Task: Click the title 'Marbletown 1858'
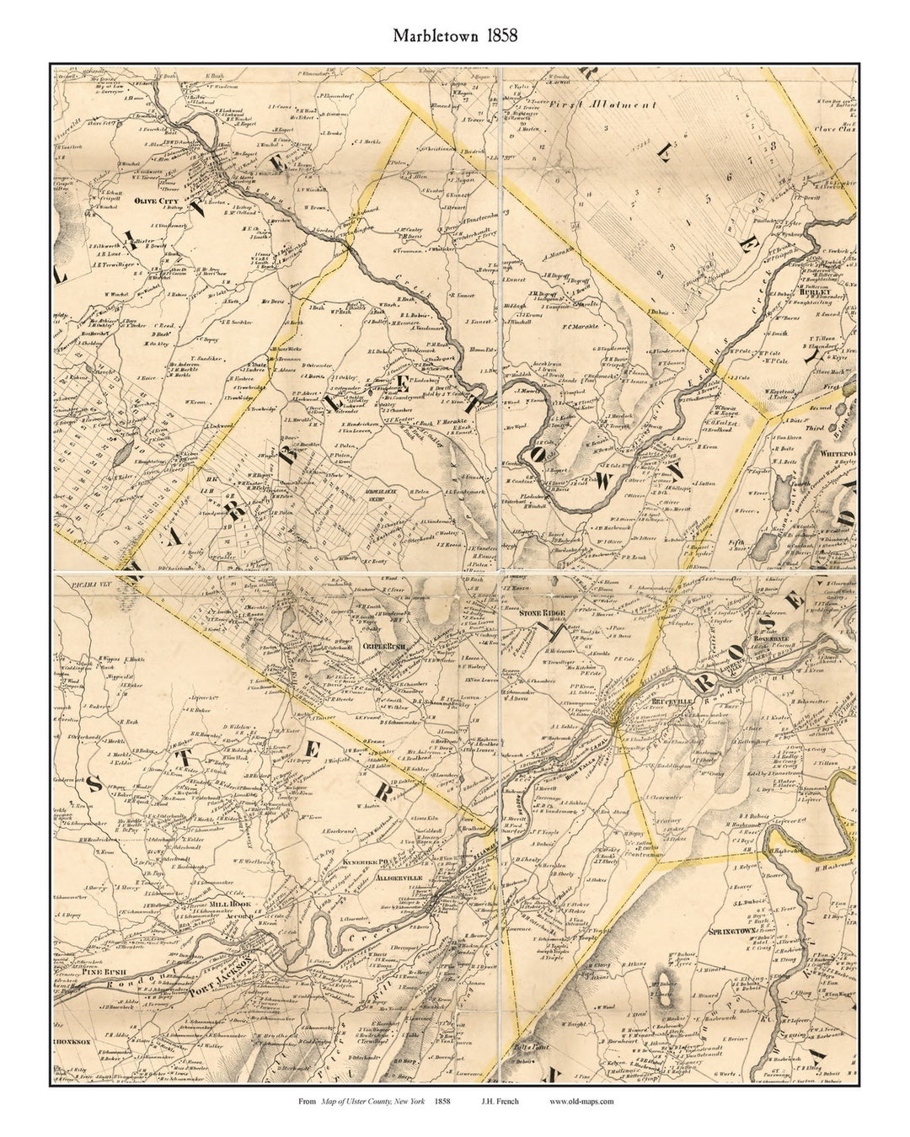[454, 36]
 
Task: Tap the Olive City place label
[157, 200]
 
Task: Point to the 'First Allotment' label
[615, 105]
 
